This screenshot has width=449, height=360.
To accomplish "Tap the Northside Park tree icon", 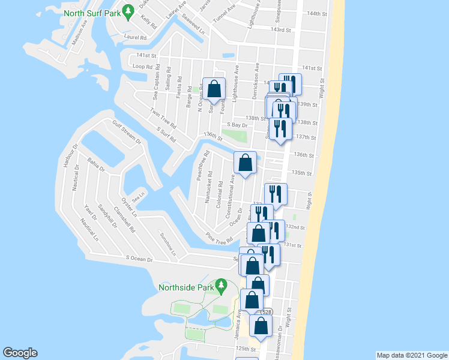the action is tap(220, 283).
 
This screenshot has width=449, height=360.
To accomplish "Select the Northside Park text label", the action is tap(186, 287).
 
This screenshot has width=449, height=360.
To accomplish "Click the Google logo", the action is tap(20, 353).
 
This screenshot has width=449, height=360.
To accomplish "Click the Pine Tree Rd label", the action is tap(218, 237).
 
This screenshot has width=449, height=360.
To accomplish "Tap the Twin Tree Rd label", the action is tap(163, 119).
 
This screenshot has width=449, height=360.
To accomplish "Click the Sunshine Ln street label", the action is tap(167, 244).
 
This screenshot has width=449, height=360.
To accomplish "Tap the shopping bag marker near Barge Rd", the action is tap(214, 89).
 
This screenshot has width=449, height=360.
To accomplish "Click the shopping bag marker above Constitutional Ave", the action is tap(245, 162).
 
